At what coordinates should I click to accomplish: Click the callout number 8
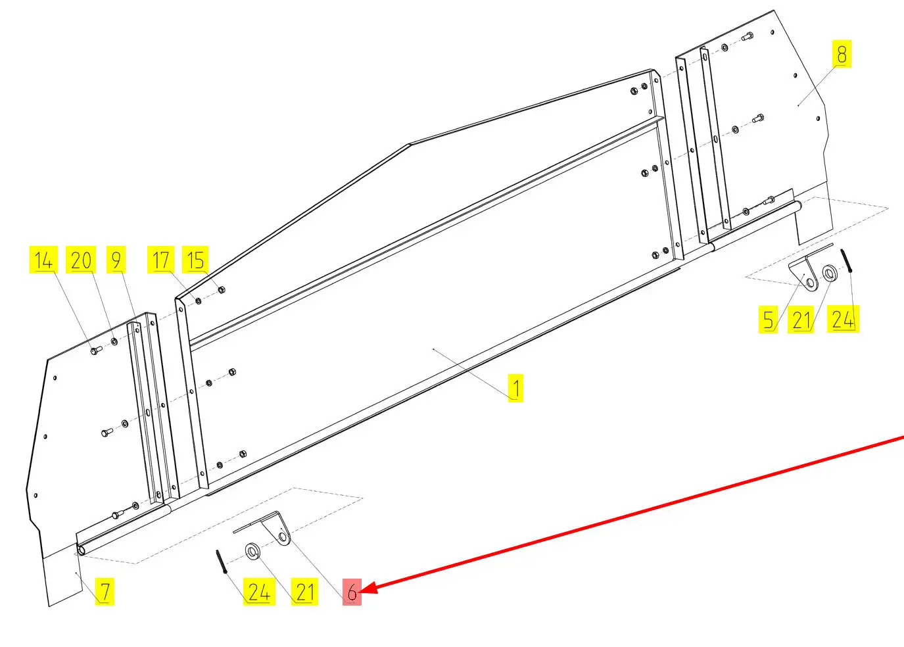pos(842,54)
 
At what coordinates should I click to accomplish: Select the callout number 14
pos(43,260)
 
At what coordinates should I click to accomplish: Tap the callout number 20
pos(81,260)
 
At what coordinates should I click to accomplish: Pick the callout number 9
pos(116,260)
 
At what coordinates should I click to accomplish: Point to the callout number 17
pos(160,260)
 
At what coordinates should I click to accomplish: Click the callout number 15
pos(195,260)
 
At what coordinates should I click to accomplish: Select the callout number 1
pos(515,388)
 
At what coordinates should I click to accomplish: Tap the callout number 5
pos(768,320)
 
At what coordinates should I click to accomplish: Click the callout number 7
pos(105,592)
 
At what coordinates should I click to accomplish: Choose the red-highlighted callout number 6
pos(352,592)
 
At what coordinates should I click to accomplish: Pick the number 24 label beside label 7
pos(259,592)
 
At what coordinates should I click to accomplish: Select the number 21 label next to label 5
pos(801,320)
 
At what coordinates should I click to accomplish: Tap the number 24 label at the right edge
pos(843,320)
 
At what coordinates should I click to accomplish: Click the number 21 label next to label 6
pos(304,592)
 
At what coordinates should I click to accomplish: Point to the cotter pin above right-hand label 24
pos(846,261)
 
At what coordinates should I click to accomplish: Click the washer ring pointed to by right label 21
pos(829,274)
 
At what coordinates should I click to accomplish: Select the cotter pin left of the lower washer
pos(221,562)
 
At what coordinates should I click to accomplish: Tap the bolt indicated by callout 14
pos(96,350)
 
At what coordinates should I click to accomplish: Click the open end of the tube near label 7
pos(82,550)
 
